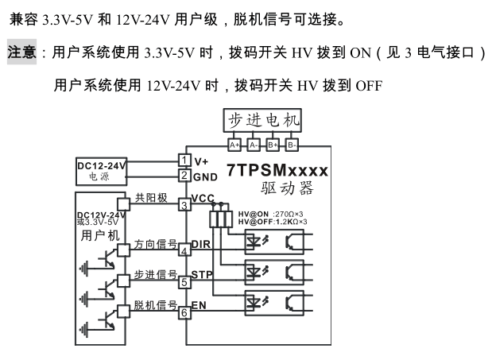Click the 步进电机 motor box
(263, 120)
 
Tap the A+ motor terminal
(234, 145)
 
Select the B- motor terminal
(292, 145)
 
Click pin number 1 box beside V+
(184, 161)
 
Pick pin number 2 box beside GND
(184, 176)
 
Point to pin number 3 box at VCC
(184, 205)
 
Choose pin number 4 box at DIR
(184, 251)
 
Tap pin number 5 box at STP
(184, 281)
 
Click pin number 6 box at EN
(184, 312)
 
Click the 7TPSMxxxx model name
(277, 171)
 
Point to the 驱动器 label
(287, 188)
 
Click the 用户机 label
(100, 235)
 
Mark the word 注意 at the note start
(22, 53)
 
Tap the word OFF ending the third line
(369, 84)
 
